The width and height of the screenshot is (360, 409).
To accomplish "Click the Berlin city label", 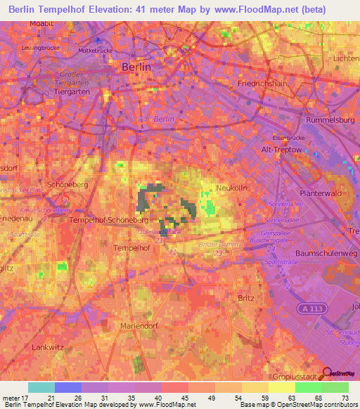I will point(136,66).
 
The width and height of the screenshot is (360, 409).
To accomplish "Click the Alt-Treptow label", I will point(281,150).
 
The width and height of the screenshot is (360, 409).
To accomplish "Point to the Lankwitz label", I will point(48,347).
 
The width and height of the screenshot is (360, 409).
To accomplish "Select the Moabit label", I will point(41,23).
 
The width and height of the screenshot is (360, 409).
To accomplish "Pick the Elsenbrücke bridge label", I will point(285,138).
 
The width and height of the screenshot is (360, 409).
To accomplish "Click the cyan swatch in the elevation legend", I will point(41,387).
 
